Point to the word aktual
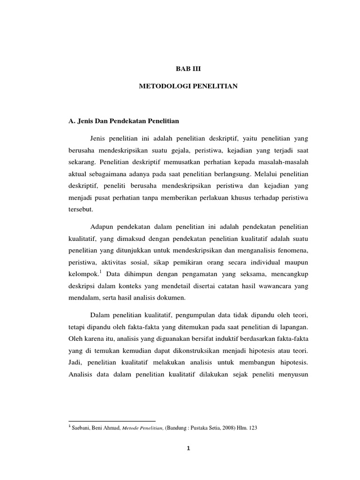point(78,174)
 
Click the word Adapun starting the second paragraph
point(102,227)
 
